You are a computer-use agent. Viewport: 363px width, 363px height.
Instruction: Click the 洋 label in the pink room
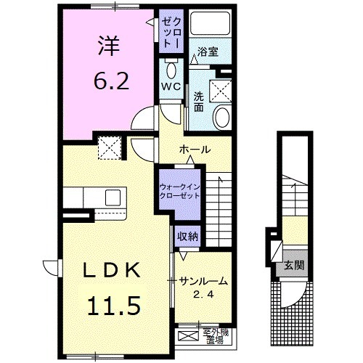109,45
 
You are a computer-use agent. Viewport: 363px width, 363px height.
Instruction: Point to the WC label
171,86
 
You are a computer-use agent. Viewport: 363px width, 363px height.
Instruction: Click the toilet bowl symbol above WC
171,70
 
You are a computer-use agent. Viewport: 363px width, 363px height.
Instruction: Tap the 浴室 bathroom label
209,52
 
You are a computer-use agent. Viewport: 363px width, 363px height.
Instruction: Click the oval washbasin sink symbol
222,117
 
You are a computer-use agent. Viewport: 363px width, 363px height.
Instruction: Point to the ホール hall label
195,150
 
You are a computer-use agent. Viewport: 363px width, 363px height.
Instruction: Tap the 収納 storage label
182,236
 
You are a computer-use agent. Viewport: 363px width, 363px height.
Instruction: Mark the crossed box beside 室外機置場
187,335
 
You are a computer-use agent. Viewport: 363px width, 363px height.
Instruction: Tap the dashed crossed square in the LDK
111,149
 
